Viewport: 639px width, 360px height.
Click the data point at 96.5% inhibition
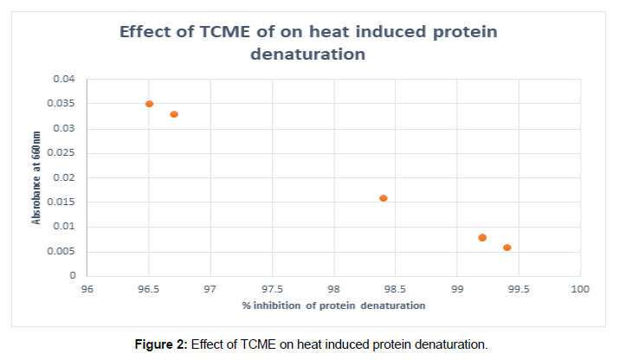[x=149, y=104]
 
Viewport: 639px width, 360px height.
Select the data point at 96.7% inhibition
[x=174, y=114]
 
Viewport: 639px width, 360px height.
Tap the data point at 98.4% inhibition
[x=384, y=198]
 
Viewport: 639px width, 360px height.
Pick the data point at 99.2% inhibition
[x=482, y=237]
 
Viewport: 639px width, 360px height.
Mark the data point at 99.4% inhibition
[x=507, y=247]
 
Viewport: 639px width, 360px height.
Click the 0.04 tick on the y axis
[x=64, y=80]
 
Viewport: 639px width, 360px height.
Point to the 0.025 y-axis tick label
[x=61, y=153]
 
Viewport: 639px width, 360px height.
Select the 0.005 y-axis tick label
[x=61, y=252]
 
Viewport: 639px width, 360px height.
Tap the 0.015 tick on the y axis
[x=61, y=202]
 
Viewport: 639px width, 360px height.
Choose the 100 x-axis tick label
[x=580, y=289]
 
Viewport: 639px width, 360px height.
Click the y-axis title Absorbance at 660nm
[x=37, y=178]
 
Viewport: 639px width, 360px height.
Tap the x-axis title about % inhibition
[x=333, y=305]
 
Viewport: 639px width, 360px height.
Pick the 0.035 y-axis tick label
[x=61, y=104]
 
